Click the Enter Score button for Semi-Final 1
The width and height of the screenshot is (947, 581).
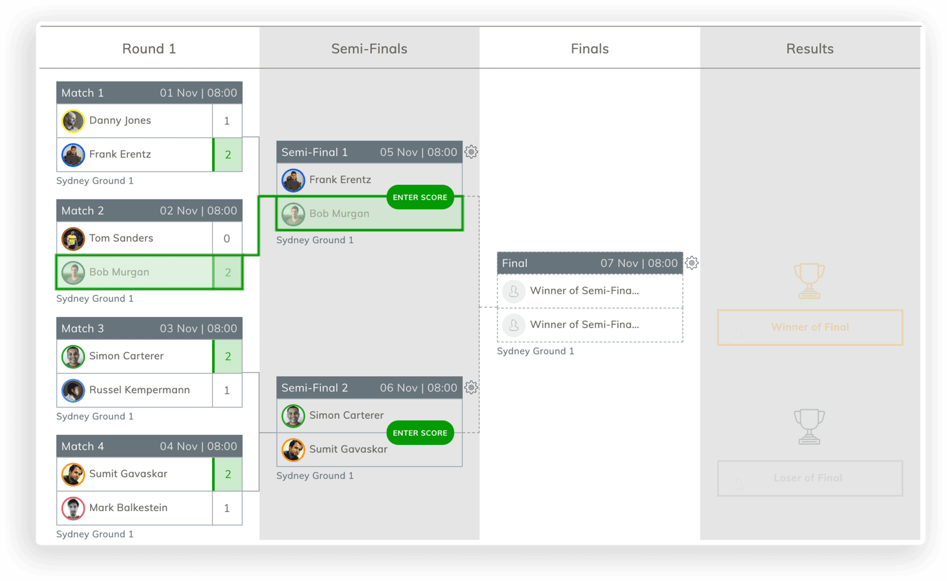[x=420, y=197]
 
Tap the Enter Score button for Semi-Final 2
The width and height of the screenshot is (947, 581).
[x=420, y=433]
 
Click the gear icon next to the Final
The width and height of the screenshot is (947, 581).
[x=692, y=263]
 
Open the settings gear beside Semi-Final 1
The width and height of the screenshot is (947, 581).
[x=471, y=152]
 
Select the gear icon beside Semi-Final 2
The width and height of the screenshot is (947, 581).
[x=471, y=387]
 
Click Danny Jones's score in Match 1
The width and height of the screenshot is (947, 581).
[x=227, y=121]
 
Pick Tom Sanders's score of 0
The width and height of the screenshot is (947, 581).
[x=227, y=238]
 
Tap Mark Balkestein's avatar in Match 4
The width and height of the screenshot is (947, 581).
[x=73, y=508]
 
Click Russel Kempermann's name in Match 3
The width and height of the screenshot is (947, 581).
[x=140, y=390]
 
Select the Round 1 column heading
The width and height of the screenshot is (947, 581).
[x=149, y=49]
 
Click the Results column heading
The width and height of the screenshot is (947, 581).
[x=810, y=49]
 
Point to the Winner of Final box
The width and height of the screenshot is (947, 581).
[x=810, y=327]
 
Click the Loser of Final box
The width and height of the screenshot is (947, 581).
[x=810, y=478]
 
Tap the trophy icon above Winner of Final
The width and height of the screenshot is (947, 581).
[x=809, y=281]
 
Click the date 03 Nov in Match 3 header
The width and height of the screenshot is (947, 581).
[x=178, y=328]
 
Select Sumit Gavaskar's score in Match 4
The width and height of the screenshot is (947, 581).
[x=228, y=474]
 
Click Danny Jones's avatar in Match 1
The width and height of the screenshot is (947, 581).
[x=73, y=121]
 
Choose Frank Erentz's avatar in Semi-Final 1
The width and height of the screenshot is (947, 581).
[x=294, y=180]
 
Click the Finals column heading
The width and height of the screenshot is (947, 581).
[x=590, y=49]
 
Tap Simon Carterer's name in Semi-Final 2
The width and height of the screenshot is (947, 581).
[x=347, y=415]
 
